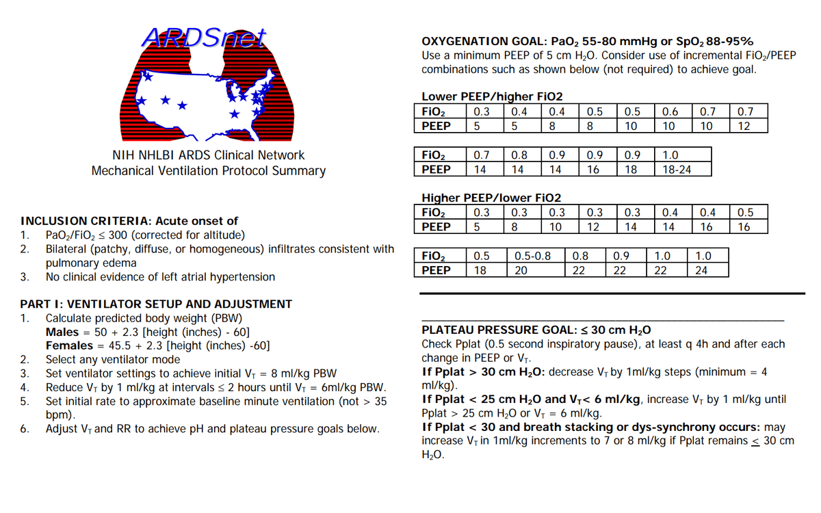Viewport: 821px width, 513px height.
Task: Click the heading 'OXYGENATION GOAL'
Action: (478, 42)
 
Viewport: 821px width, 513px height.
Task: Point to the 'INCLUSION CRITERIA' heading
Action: (86, 221)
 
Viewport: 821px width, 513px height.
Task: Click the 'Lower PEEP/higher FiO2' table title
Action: (492, 97)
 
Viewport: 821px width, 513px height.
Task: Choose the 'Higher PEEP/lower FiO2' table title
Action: (492, 198)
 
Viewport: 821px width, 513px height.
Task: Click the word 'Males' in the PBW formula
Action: (62, 332)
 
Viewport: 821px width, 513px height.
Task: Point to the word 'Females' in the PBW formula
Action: (68, 345)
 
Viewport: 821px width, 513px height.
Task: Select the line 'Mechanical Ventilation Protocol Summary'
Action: (209, 171)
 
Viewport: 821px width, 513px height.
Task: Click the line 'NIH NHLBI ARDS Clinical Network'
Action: (208, 155)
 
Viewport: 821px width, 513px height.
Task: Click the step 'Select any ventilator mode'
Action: (113, 360)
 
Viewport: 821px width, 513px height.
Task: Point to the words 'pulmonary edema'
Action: (91, 263)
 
